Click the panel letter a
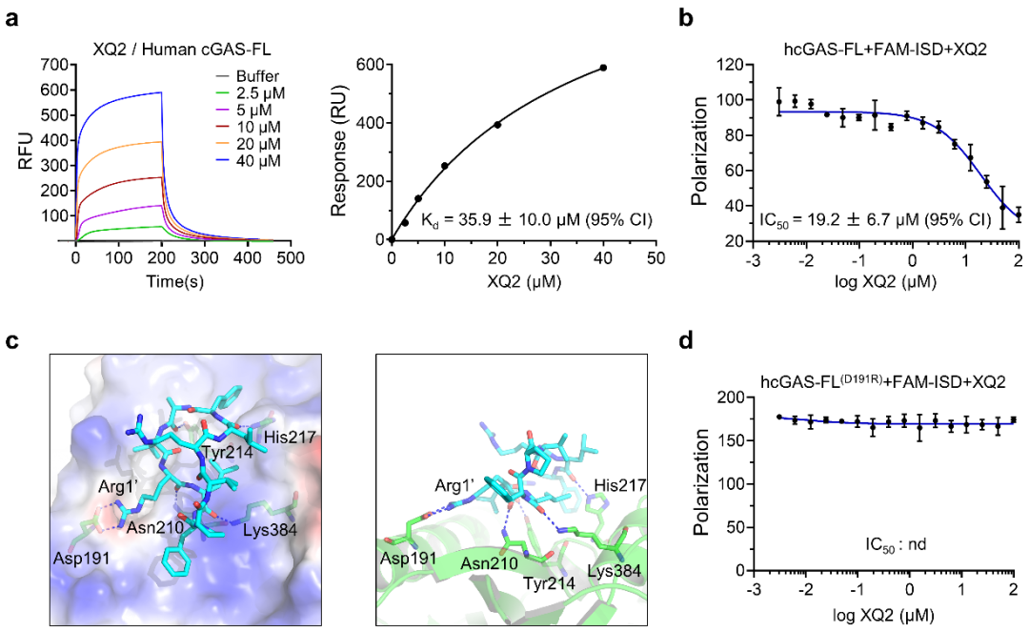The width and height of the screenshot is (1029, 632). pyautogui.click(x=12, y=17)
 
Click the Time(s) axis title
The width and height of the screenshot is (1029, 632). pyautogui.click(x=178, y=281)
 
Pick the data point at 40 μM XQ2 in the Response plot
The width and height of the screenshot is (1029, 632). pyautogui.click(x=603, y=68)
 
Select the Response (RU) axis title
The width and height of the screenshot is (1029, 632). pyautogui.click(x=338, y=152)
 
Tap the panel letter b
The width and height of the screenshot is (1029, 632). pyautogui.click(x=688, y=17)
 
